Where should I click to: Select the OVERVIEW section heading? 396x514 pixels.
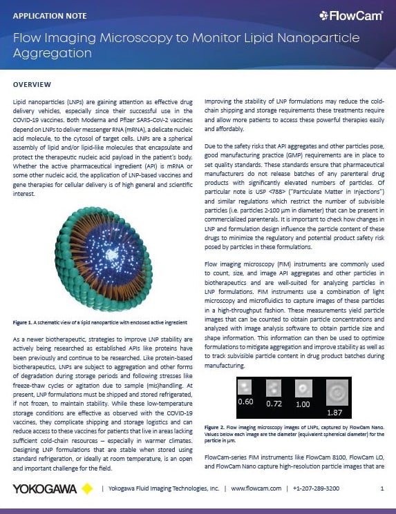coord(32,84)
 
